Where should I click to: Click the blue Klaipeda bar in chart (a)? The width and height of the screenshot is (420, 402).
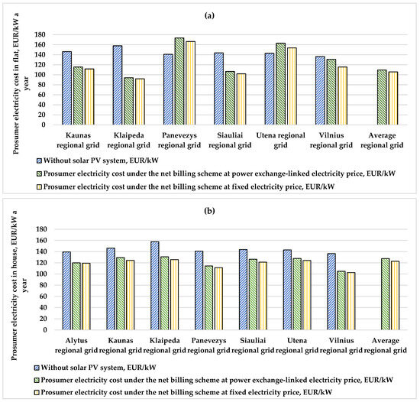point(118,86)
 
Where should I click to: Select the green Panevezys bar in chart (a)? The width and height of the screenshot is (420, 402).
point(179,81)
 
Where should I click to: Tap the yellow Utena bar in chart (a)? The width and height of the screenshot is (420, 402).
point(292,86)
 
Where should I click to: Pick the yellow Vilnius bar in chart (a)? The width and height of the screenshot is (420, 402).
point(342,96)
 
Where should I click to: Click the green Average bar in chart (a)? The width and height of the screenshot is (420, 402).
point(382,97)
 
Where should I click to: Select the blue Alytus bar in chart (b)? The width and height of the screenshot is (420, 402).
point(66,290)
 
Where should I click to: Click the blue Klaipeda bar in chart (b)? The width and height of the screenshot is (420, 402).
point(155,286)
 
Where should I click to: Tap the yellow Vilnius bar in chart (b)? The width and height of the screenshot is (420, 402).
point(351,301)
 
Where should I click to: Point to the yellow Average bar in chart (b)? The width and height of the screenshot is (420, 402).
point(395,296)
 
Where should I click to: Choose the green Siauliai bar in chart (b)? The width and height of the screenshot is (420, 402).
point(253,294)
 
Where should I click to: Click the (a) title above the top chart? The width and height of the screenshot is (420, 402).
point(209,15)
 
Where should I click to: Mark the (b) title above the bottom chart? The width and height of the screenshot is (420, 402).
point(209,211)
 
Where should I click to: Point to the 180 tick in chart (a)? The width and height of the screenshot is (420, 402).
point(40,35)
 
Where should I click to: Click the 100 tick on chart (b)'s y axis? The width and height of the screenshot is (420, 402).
point(41,274)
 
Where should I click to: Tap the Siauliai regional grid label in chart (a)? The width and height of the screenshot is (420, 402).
point(230,140)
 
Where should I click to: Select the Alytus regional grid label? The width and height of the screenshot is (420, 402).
point(76,345)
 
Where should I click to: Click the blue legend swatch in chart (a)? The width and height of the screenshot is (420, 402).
point(39,160)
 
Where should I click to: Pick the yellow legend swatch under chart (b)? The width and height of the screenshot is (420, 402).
point(37,393)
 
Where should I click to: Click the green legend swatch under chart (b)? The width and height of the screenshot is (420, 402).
point(37,381)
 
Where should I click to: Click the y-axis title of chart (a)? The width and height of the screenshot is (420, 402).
point(21,83)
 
